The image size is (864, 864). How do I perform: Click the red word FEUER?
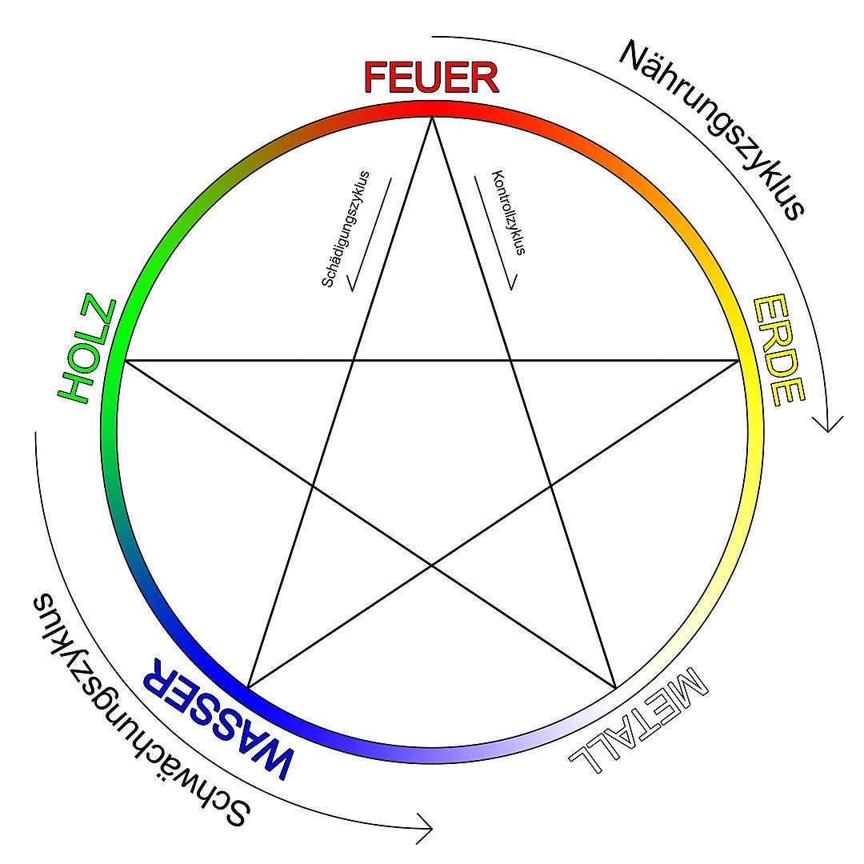(x=431, y=78)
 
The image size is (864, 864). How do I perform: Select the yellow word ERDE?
(x=778, y=350)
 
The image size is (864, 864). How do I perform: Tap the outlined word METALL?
(x=638, y=720)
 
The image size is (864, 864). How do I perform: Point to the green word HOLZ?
(x=87, y=350)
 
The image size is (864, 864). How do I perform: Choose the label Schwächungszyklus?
(x=141, y=711)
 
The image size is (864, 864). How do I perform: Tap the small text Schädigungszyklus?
(x=346, y=229)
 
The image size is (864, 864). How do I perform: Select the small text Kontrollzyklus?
(x=508, y=212)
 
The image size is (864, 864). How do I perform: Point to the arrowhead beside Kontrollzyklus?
(x=512, y=283)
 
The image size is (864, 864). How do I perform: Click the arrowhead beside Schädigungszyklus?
(x=350, y=284)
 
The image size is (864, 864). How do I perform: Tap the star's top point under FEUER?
(x=432, y=118)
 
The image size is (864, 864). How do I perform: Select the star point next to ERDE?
(x=739, y=361)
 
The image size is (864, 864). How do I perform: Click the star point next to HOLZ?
(x=125, y=361)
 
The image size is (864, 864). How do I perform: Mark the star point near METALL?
(x=615, y=688)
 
